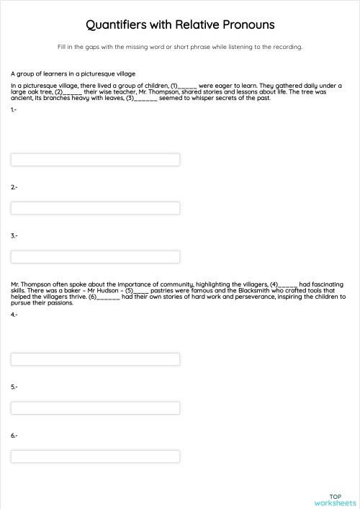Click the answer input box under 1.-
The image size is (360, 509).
(95, 160)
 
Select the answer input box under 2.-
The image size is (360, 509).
(95, 208)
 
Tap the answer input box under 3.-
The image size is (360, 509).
(95, 256)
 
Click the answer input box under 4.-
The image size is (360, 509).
(95, 359)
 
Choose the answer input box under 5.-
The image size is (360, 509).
(95, 407)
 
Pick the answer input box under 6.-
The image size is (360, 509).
(95, 456)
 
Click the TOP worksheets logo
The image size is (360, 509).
(335, 500)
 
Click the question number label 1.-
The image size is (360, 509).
(14, 109)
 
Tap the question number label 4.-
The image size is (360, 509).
(14, 315)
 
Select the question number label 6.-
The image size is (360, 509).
(14, 436)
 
